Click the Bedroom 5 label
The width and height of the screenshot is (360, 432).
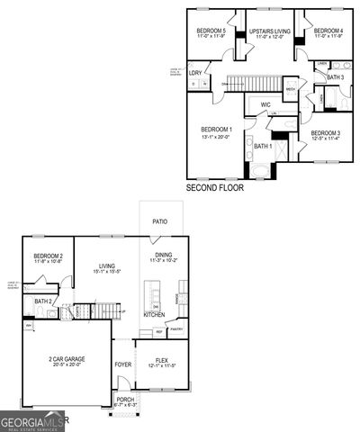pos(211,31)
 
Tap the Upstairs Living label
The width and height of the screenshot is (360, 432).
pos(269,31)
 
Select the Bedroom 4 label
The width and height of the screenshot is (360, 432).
pos(327,31)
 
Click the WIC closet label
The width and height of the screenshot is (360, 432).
pos(265,105)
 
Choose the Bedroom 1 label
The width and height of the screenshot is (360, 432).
pos(216,129)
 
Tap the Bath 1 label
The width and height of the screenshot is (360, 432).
pos(262,146)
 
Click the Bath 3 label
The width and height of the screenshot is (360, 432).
pos(335,78)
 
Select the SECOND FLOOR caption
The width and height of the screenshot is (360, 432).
pos(214,189)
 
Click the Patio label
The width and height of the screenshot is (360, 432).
pos(159,220)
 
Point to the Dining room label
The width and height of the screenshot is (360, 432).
pos(163,256)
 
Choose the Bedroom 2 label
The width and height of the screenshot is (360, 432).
pos(48,256)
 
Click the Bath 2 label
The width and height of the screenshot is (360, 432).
pos(42,301)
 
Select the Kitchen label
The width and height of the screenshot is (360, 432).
pos(154,315)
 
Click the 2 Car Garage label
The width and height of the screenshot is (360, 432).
pos(65,360)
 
